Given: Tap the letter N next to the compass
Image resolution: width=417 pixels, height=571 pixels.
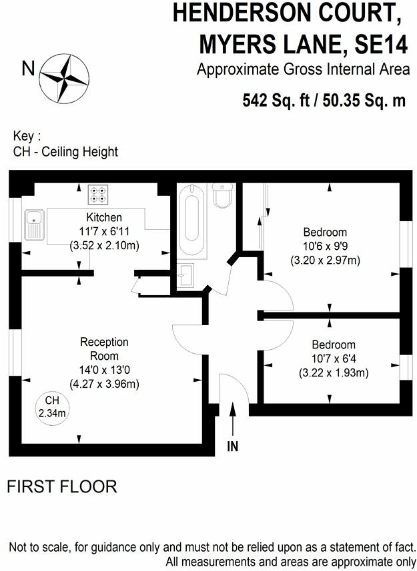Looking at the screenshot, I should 28,68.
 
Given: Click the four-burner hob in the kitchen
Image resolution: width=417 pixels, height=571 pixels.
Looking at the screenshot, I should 98,194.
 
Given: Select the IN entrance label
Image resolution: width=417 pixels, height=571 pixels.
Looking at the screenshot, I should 232,447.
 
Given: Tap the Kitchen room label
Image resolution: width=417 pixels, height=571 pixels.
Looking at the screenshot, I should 103,217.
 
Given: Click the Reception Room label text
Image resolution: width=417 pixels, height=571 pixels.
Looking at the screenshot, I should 104,348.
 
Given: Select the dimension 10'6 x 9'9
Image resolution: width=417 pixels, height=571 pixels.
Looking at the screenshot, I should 325,246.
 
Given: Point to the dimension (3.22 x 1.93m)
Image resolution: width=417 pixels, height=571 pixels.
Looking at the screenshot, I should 334,373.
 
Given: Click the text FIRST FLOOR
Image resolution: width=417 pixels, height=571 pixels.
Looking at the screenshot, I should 61,487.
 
